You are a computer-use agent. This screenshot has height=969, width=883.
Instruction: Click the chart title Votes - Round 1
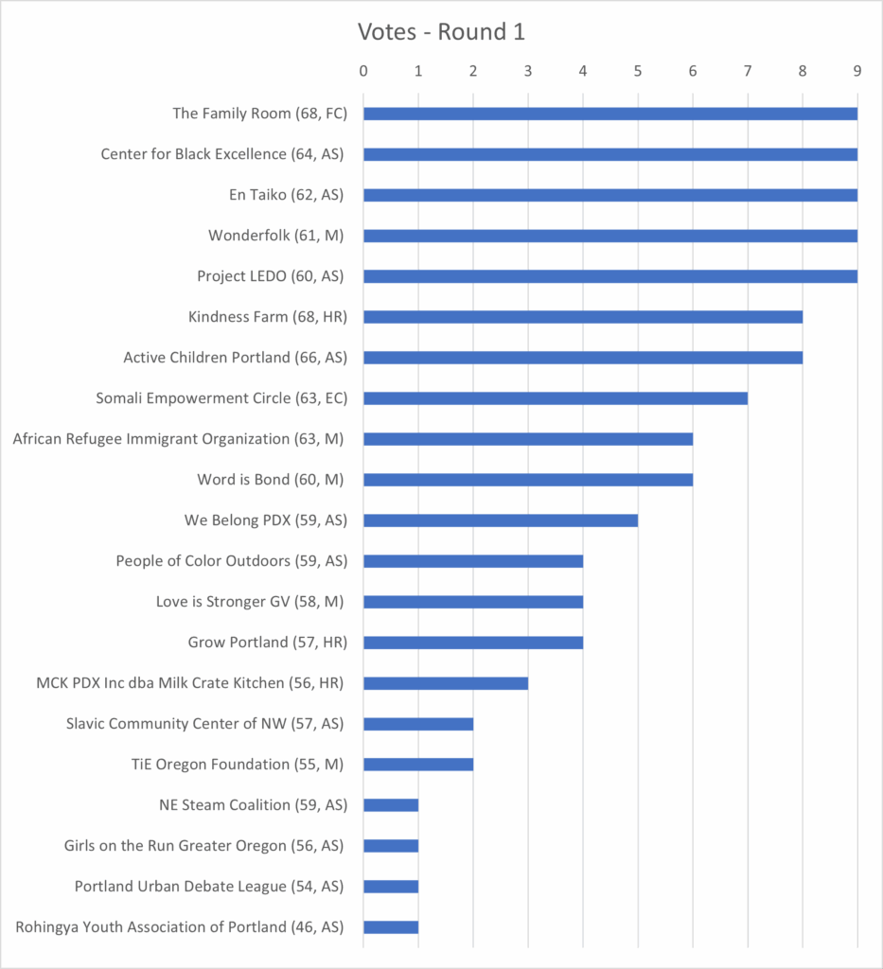441,32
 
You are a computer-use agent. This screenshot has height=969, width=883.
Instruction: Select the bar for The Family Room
609,114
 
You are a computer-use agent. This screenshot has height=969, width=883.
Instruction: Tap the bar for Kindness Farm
582,317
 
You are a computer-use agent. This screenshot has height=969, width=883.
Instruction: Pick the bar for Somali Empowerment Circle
555,398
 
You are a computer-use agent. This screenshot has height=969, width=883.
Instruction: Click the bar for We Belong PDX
500,520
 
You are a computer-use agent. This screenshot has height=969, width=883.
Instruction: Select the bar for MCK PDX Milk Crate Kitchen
445,683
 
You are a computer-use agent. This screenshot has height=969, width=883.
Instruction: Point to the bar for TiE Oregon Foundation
417,765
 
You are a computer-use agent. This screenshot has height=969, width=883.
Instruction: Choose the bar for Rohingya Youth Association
390,927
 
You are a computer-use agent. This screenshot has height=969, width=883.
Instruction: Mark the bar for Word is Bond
527,480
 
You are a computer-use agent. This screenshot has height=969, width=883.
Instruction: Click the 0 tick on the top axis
363,71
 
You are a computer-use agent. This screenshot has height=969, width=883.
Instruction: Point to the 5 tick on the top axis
638,71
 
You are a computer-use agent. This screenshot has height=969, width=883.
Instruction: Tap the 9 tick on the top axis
857,71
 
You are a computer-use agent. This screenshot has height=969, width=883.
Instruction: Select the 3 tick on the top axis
528,71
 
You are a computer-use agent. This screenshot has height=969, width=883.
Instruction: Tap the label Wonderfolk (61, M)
276,236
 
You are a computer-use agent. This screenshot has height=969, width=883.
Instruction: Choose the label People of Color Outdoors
231,561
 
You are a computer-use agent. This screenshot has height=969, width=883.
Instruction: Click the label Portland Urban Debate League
209,887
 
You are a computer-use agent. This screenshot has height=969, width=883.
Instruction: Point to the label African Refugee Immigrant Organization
179,439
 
